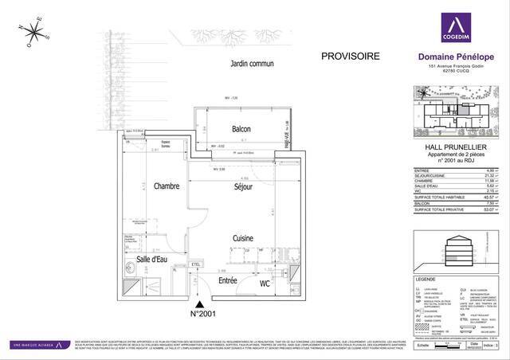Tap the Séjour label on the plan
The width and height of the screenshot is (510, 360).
pyautogui.click(x=243, y=187)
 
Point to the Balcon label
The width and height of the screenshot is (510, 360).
pyautogui.click(x=241, y=129)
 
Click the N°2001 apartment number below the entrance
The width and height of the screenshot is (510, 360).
pyautogui.click(x=204, y=313)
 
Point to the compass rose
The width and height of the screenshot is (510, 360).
pyautogui.click(x=35, y=32)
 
